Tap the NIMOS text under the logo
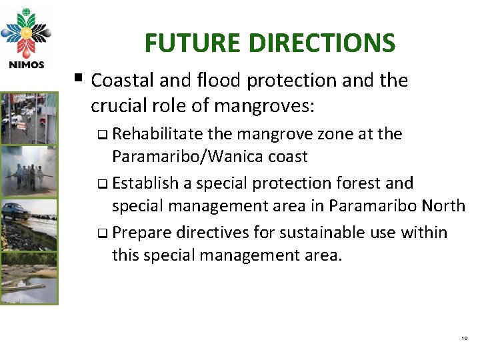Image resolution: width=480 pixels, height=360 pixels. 26,65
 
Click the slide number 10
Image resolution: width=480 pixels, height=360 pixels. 464,339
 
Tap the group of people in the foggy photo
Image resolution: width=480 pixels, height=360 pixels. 28,176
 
